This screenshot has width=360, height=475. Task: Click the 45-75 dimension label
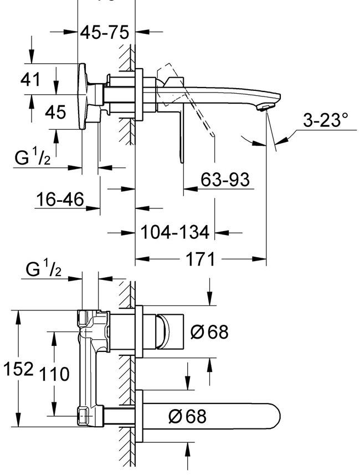(105, 32)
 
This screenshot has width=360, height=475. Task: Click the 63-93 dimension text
(224, 180)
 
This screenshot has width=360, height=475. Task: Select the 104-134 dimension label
(175, 232)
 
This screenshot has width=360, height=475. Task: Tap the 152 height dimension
(18, 369)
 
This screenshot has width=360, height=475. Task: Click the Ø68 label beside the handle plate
(209, 332)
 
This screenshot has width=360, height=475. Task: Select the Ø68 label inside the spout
(187, 416)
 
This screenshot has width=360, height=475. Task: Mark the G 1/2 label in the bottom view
(44, 271)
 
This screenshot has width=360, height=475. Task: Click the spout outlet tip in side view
(266, 106)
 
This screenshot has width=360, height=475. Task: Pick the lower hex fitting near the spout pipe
(84, 416)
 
